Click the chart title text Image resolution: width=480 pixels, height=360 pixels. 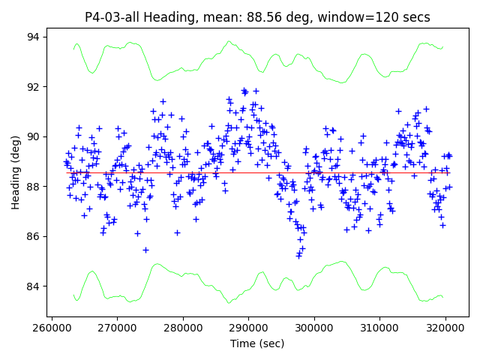257,16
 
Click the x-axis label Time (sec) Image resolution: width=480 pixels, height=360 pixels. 257,343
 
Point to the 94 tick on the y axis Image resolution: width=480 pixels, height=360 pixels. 33,37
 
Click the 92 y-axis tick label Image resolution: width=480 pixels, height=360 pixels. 33,87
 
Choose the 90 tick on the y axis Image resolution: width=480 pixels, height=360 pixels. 33,136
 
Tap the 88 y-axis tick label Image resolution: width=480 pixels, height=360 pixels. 33,187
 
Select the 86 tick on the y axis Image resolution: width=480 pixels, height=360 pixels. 33,236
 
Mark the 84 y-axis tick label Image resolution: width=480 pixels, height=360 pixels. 33,286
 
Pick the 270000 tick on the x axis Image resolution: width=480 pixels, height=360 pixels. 117,327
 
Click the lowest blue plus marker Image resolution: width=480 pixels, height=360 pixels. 298,256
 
